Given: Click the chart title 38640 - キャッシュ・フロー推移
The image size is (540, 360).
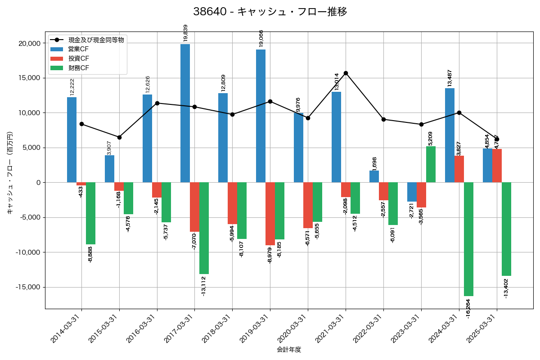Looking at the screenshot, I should tap(270, 12).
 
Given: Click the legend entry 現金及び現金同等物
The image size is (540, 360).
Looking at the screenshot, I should tap(96, 40).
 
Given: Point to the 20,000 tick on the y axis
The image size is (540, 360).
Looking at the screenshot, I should tap(28, 43).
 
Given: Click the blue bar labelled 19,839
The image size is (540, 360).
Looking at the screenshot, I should tap(185, 113).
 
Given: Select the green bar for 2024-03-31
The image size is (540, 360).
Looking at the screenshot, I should tap(468, 239).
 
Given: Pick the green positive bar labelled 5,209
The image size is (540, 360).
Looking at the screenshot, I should tap(431, 164).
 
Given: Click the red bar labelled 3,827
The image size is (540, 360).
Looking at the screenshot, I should tap(459, 169).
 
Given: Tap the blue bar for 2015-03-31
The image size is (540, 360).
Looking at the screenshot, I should tap(109, 169).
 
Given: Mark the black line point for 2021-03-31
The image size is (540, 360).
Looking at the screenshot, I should tap(346, 73).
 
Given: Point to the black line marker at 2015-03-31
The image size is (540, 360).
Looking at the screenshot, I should tap(119, 137).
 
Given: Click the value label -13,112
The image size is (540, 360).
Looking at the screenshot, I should tap(203, 286).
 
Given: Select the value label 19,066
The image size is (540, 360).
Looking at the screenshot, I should tap(261, 38).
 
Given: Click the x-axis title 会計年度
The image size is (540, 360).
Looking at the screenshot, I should tap(289, 349).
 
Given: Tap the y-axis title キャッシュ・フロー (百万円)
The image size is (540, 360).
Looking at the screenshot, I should tap(10, 173).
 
